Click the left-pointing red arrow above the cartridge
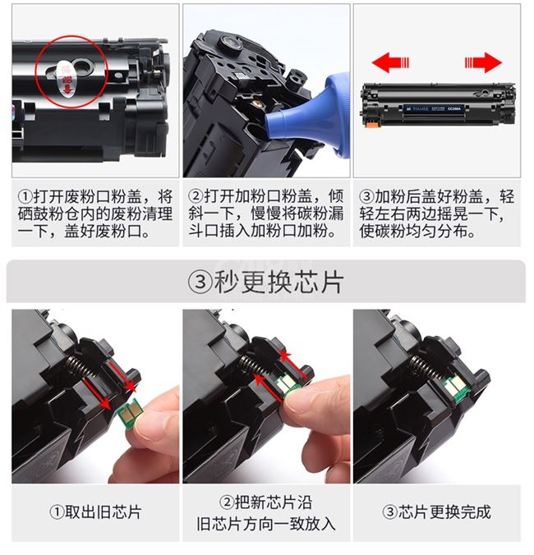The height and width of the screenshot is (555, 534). click(390, 62)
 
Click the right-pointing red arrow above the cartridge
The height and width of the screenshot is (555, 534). click(483, 62)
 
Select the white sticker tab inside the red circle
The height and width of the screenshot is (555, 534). click(66, 78)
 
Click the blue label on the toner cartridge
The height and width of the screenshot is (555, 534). click(434, 108)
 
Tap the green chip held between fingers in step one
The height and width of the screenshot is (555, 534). click(131, 410)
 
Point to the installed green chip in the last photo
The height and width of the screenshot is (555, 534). click(457, 388)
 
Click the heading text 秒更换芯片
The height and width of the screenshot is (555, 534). click(279, 282)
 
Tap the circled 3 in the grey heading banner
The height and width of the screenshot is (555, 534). click(200, 282)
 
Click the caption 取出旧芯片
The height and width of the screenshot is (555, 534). click(103, 512)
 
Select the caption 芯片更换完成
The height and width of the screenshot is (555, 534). click(444, 512)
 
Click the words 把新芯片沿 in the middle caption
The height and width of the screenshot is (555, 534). click(274, 502)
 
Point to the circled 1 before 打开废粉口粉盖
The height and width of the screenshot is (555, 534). click(25, 196)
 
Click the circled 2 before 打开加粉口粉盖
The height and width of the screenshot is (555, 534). click(196, 195)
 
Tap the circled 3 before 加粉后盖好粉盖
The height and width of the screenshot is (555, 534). click(366, 195)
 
